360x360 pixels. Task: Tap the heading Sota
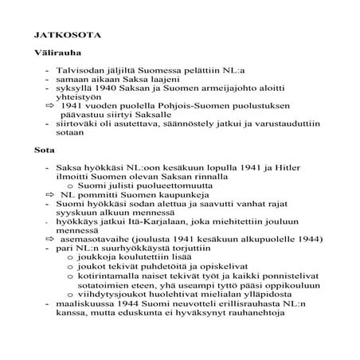(44, 149)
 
